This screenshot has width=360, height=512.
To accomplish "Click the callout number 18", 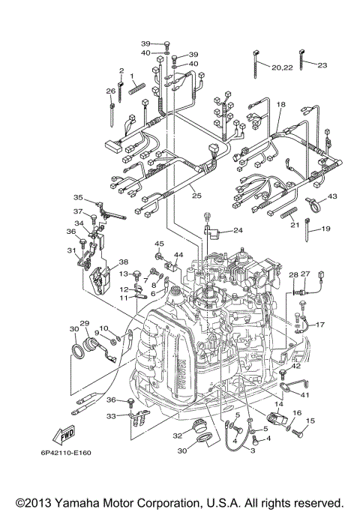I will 281,104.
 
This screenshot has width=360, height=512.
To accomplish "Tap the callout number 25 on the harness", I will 196,196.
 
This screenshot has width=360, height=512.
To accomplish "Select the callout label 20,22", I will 282,67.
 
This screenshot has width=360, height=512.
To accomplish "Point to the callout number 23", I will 322,65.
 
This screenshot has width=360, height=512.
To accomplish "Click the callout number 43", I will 332,196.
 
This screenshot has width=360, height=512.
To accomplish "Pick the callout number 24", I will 238,230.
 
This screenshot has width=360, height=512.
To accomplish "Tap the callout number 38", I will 124,262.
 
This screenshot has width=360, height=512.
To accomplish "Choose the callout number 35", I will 77,197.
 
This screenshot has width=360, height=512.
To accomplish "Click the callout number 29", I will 85,323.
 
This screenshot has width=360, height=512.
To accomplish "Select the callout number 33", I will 111,415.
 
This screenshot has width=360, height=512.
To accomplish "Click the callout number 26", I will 110,91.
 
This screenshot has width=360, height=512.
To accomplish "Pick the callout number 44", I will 178,256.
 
